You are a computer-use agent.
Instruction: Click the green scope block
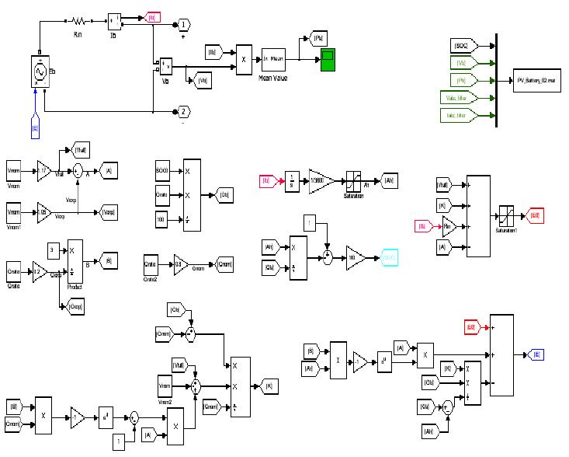point(327,60)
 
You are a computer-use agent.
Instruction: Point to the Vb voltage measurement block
point(165,65)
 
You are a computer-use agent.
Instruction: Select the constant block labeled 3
point(51,249)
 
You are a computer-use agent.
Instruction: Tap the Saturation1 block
point(506,215)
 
